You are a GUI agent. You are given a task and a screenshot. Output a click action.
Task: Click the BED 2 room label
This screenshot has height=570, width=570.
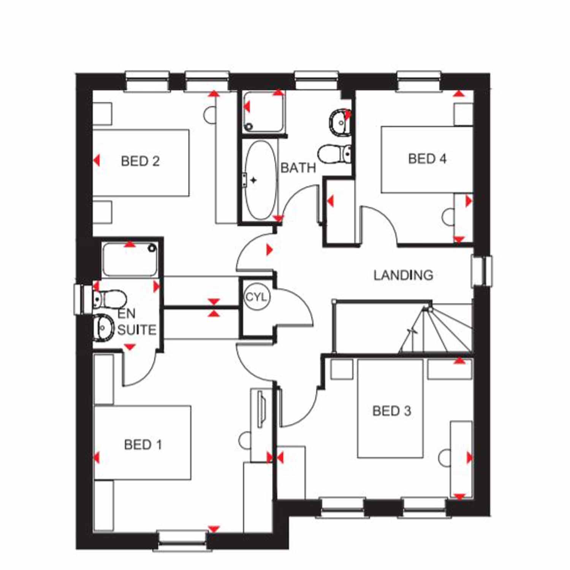(x=140, y=161)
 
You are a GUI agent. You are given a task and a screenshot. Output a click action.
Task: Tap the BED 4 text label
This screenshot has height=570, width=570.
(x=427, y=158)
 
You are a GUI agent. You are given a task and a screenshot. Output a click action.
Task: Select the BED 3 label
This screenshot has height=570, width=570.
(x=392, y=411)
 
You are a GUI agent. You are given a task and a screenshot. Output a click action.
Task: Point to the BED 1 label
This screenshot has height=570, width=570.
(x=143, y=444)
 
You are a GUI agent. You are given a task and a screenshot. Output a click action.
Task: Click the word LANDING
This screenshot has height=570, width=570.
(x=403, y=275)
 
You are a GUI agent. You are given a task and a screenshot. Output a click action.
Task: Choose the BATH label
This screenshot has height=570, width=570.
(x=298, y=168)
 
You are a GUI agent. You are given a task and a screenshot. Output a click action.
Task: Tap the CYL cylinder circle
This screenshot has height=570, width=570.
(x=257, y=297)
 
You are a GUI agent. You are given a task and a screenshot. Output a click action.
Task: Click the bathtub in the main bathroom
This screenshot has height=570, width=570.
(x=261, y=180)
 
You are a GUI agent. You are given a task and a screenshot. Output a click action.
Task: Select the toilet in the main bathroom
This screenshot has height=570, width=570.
(x=334, y=154)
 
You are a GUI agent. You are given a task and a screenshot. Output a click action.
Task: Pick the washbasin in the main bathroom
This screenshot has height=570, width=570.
(x=340, y=122)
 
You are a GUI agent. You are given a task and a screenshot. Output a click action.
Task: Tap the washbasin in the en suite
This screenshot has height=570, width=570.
(x=103, y=327)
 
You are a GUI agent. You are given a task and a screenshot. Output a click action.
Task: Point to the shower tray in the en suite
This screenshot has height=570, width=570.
(x=130, y=260)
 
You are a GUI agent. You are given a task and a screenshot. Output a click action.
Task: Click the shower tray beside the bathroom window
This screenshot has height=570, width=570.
(x=264, y=112)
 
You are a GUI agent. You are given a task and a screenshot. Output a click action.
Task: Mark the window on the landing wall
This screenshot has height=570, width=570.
(x=481, y=271)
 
